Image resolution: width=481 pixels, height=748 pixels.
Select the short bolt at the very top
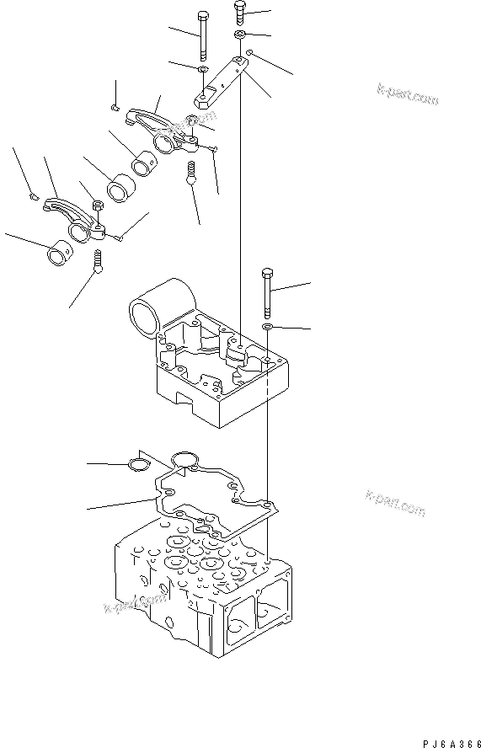pos(239,14)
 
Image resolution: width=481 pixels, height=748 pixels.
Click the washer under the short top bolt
pos(240,35)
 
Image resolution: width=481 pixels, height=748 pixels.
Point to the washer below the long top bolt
pos(203,69)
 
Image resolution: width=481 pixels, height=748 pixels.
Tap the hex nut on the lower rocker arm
pos(96,205)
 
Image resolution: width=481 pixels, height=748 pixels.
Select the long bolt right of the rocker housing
pos(267,291)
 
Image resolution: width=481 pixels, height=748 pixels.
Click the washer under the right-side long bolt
pos(267,325)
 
